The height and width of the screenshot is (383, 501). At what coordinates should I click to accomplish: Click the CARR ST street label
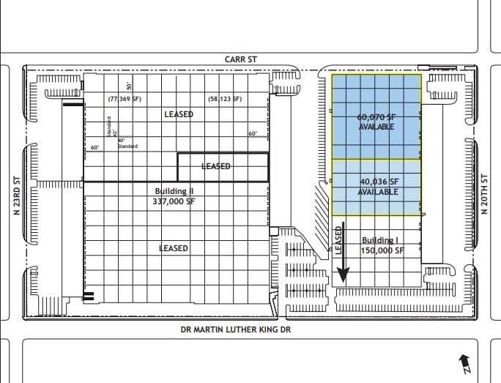(241, 58)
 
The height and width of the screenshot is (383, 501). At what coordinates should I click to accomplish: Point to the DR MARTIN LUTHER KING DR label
(236, 330)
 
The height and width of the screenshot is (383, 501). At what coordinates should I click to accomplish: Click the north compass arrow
(464, 362)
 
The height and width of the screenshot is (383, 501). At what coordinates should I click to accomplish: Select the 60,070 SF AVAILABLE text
(376, 122)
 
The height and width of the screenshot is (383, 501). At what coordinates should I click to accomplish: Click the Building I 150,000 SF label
(382, 245)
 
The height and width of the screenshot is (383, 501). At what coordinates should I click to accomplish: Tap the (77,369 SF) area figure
(125, 98)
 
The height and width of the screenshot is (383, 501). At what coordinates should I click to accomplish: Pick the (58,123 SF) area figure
(225, 98)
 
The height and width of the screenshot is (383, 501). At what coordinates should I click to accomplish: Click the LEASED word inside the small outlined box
(215, 166)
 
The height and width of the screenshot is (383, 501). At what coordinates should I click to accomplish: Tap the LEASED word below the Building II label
(174, 248)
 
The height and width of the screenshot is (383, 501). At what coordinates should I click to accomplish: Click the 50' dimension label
(127, 86)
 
